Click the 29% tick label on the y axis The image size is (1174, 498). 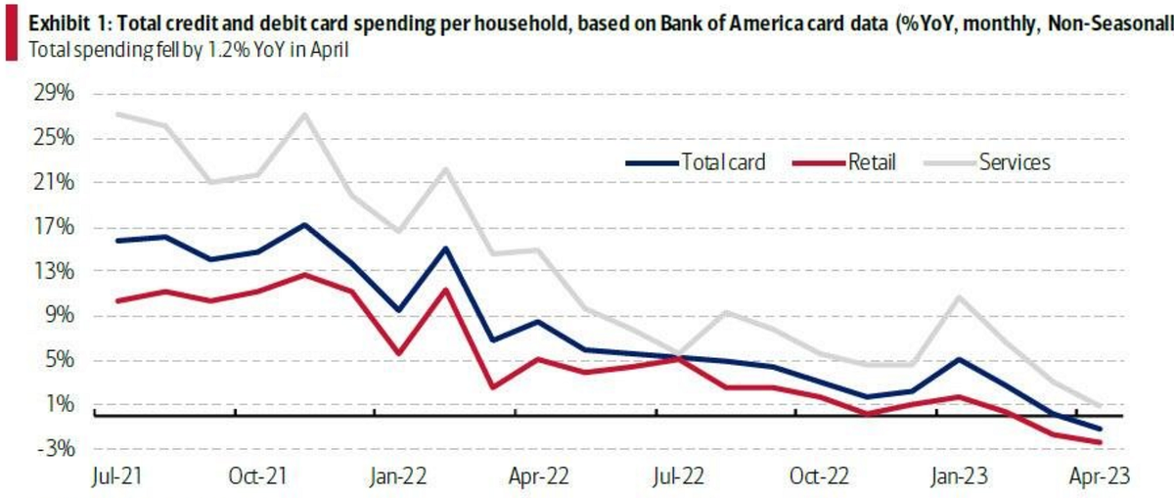coord(41,94)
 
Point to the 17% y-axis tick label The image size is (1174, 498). coord(41,227)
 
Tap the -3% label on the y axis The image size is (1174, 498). coord(42,449)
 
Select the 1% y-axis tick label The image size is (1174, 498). coord(45,405)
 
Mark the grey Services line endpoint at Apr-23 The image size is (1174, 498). coord(1102,405)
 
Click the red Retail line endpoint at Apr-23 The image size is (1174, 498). coord(1102,442)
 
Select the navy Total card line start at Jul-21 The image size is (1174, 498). coord(116,240)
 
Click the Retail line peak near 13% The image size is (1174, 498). coord(305,274)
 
